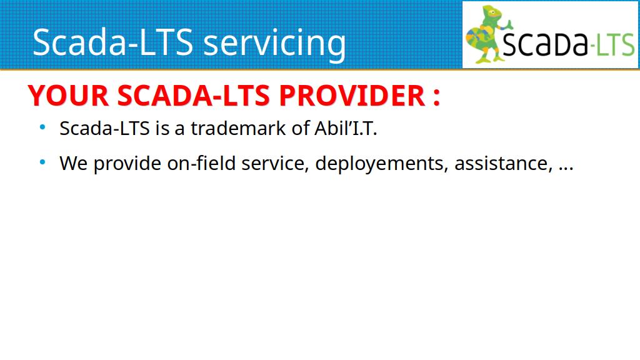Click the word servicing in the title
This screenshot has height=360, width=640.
click(274, 43)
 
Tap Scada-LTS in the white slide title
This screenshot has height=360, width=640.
click(113, 42)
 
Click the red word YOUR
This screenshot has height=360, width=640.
click(68, 96)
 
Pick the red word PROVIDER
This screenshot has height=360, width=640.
click(352, 96)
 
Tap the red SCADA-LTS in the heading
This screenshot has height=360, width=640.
click(194, 96)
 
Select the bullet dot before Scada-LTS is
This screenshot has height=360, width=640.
click(42, 127)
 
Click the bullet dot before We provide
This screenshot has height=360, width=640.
click(42, 162)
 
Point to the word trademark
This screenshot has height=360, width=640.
click(238, 128)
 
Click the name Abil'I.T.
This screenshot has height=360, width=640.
click(346, 128)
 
